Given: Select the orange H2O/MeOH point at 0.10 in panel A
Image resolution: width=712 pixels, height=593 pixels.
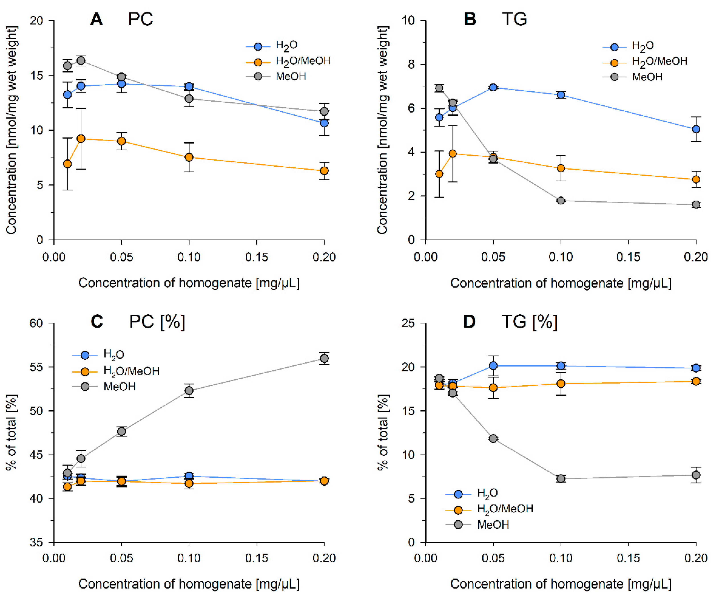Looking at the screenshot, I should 189,157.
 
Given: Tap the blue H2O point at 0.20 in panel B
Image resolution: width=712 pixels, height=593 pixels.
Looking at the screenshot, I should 696,129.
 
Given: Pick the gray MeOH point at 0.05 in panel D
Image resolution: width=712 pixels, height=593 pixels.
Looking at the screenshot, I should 493,438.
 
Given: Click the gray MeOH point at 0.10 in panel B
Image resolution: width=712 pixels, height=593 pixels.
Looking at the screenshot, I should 561,201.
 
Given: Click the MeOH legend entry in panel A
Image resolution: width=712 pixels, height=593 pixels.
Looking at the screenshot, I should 291,77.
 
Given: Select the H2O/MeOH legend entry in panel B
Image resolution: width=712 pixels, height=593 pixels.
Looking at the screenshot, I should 659,61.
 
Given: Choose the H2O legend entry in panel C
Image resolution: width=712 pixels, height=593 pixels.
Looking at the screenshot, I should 114,355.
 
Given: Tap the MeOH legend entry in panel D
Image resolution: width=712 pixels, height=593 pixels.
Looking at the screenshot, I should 493,525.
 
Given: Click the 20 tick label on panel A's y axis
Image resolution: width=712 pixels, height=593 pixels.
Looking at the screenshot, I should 37,21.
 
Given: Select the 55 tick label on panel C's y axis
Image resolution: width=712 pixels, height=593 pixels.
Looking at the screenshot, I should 37,367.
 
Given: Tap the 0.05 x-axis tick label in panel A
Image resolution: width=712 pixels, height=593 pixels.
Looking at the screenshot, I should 121,257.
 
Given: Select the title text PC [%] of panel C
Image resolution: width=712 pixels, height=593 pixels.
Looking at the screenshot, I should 157,322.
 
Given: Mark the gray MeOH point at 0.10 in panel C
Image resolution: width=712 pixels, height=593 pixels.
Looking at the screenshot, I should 189,391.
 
